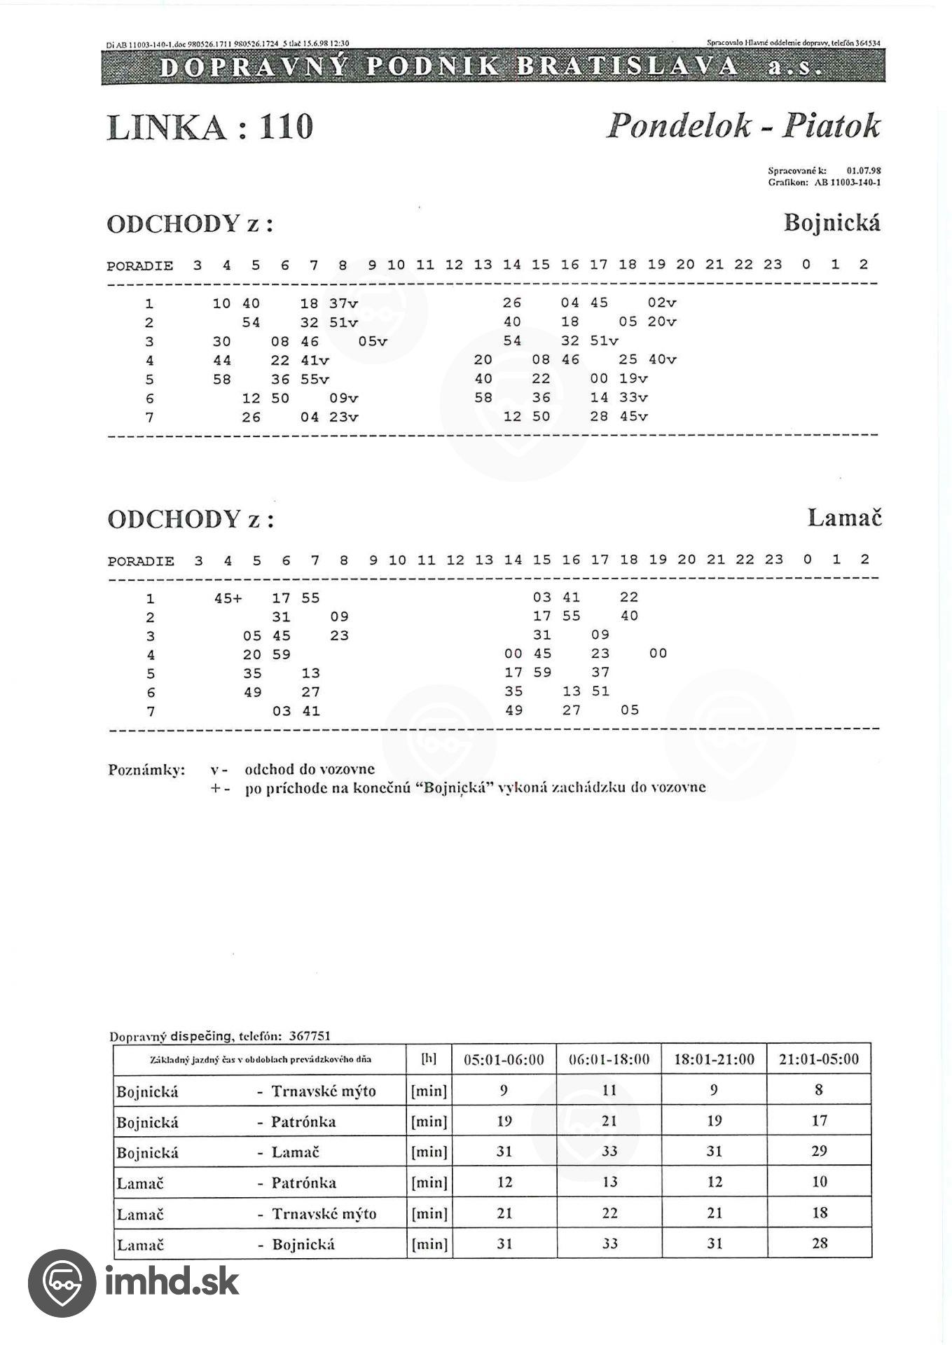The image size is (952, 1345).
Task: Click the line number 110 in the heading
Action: pyautogui.click(x=286, y=127)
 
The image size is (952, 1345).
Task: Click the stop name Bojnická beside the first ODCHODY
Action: pyautogui.click(x=832, y=223)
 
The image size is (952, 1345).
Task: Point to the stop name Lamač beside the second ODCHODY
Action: pyautogui.click(x=844, y=518)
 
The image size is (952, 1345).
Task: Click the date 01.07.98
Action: pyautogui.click(x=863, y=170)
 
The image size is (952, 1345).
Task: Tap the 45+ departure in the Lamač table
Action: pyautogui.click(x=228, y=598)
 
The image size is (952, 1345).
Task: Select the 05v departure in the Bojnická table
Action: pyautogui.click(x=372, y=341)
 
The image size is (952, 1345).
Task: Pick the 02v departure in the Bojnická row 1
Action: pyautogui.click(x=662, y=303)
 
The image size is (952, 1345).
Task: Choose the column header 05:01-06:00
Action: pyautogui.click(x=504, y=1059)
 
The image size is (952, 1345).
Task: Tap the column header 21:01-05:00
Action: pyautogui.click(x=819, y=1059)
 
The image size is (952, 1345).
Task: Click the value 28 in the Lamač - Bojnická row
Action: pyautogui.click(x=820, y=1243)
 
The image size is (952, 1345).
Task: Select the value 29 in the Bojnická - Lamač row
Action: pyautogui.click(x=819, y=1151)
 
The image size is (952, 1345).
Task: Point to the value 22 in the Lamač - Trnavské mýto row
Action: pyautogui.click(x=609, y=1213)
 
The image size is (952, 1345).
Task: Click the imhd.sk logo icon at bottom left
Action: pyautogui.click(x=62, y=1283)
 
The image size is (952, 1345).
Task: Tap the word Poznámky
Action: pyautogui.click(x=146, y=770)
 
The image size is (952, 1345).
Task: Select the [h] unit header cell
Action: pyautogui.click(x=429, y=1059)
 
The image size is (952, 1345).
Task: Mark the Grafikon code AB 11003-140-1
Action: pyautogui.click(x=847, y=183)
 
